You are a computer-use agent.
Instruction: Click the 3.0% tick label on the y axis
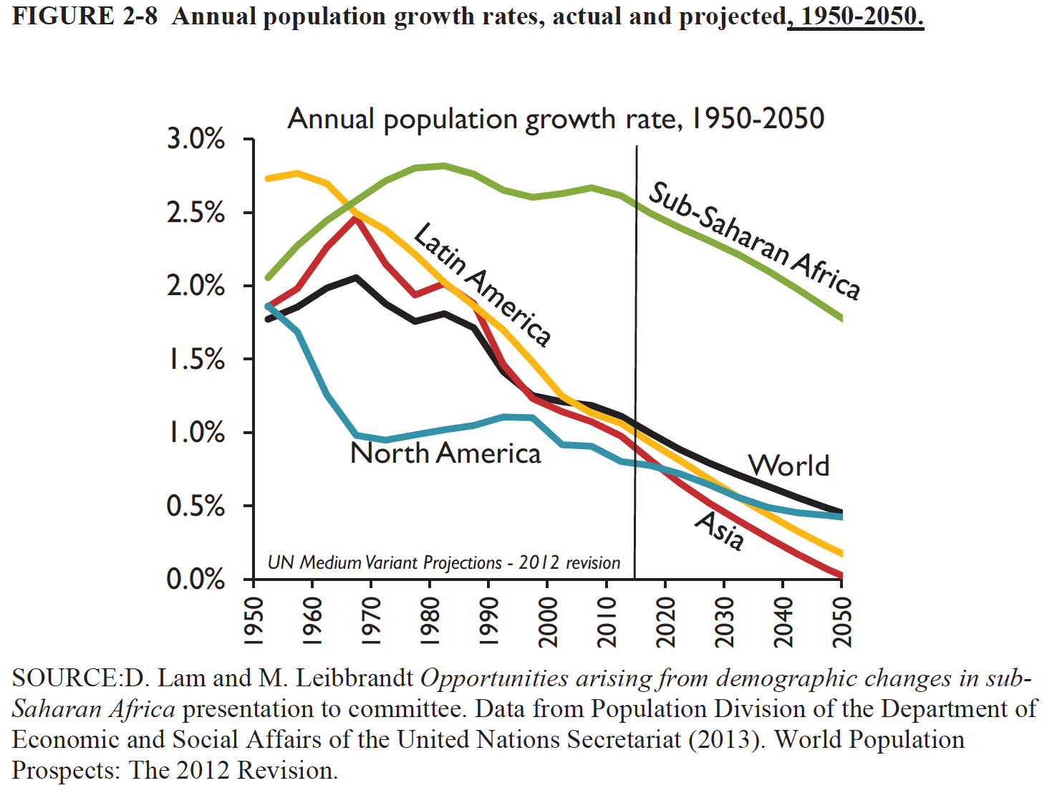[x=196, y=139]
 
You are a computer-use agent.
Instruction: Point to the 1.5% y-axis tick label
[x=196, y=360]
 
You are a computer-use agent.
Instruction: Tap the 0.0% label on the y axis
[x=196, y=579]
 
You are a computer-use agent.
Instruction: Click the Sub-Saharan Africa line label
[x=754, y=240]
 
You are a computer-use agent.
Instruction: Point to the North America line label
[x=445, y=453]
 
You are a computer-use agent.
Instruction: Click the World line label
[x=788, y=466]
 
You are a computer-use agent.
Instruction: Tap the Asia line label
[x=720, y=531]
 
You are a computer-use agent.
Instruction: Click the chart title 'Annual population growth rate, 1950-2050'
[x=556, y=119]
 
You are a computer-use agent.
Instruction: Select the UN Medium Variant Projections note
[x=443, y=563]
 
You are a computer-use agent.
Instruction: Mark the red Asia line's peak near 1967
[x=356, y=218]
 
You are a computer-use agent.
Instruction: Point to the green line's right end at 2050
[x=841, y=317]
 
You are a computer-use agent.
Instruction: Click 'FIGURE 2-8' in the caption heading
[x=85, y=16]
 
